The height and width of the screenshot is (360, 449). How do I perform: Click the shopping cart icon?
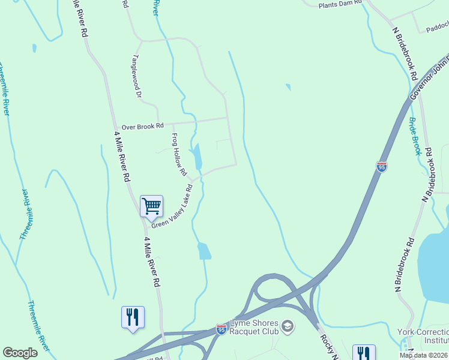[151, 206]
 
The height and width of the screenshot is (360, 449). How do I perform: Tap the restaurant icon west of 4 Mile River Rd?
[133, 316]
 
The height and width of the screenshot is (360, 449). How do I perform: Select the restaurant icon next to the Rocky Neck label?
[364, 353]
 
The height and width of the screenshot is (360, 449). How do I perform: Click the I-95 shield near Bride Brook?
[382, 167]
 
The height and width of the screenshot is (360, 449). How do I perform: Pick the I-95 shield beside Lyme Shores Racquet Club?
[221, 329]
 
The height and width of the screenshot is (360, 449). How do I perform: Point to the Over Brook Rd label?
[142, 127]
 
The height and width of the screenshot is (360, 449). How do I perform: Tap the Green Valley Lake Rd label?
[172, 206]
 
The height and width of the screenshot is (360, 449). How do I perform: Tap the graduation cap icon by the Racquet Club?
[288, 326]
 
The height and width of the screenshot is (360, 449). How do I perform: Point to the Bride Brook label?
[415, 136]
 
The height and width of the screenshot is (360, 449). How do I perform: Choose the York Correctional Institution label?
[423, 336]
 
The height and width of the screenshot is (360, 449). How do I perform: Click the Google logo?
[20, 353]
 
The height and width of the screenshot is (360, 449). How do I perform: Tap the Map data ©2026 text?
[424, 355]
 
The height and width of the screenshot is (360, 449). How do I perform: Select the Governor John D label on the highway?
[429, 79]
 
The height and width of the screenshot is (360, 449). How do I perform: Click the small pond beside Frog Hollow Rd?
[196, 157]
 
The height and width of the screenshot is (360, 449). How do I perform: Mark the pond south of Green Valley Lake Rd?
[204, 251]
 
